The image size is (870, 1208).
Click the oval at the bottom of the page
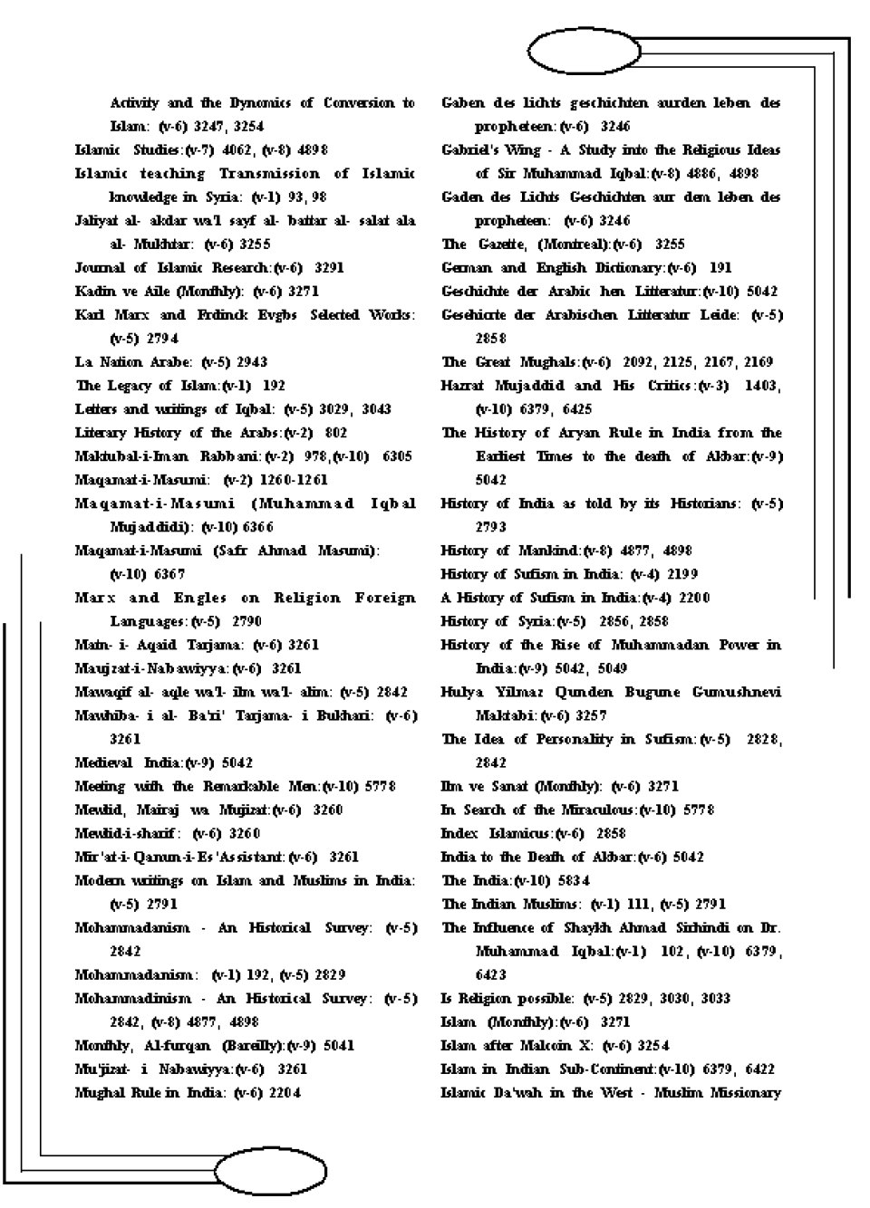pyautogui.click(x=269, y=1172)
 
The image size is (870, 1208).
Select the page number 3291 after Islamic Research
pyautogui.click(x=329, y=268)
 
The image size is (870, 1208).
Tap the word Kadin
pyautogui.click(x=93, y=292)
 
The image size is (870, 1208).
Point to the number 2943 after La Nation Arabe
pyautogui.click(x=246, y=362)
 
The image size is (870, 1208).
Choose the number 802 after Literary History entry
pyautogui.click(x=335, y=433)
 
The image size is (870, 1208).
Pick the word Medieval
pyautogui.click(x=103, y=762)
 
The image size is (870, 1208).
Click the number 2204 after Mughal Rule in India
pyautogui.click(x=283, y=1092)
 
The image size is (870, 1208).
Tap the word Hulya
pyautogui.click(x=464, y=692)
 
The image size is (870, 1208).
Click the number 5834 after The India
pyautogui.click(x=572, y=880)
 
